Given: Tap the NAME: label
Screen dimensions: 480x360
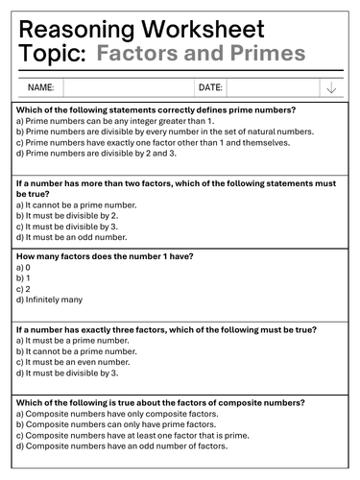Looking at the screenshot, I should click(x=40, y=88).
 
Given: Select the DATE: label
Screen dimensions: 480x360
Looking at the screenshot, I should click(x=209, y=88).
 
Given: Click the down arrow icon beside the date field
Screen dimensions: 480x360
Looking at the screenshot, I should click(x=331, y=88).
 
